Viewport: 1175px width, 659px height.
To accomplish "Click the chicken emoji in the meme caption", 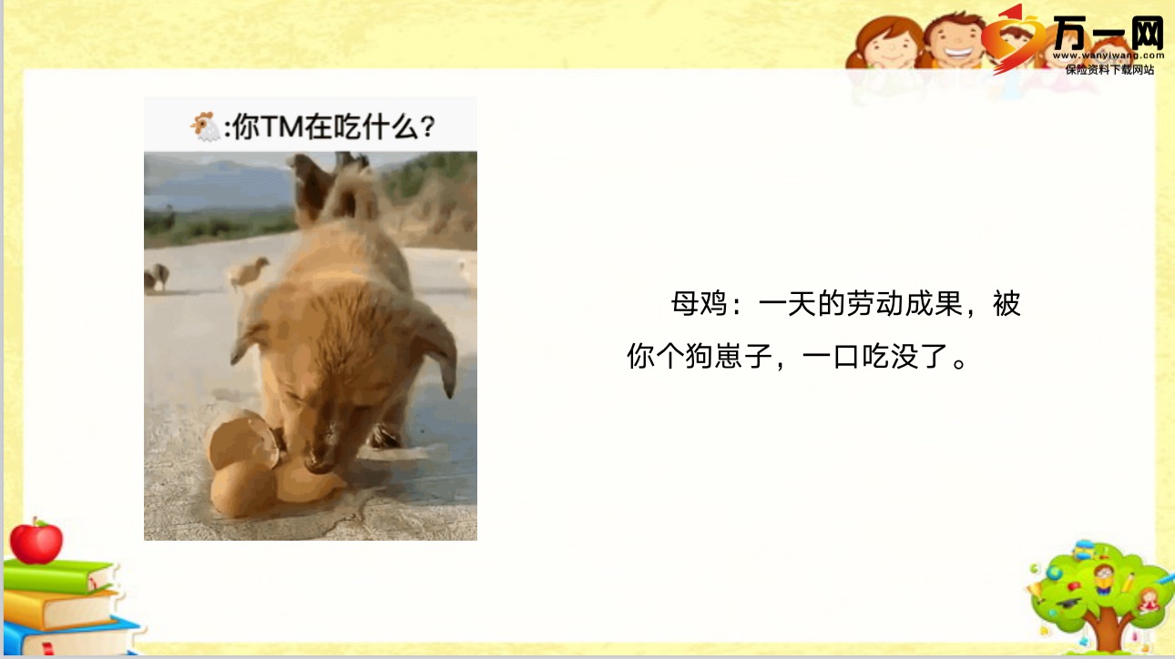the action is (x=205, y=127).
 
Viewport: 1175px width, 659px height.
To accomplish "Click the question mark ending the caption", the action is (x=428, y=127).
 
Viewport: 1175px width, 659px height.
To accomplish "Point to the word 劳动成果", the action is (x=905, y=303).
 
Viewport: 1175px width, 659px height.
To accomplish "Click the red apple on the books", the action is (x=36, y=542).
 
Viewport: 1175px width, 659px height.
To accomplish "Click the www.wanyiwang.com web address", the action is (x=1109, y=56).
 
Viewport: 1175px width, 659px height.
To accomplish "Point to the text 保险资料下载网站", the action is (x=1109, y=70).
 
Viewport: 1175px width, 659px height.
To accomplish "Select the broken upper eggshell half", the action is (x=242, y=441).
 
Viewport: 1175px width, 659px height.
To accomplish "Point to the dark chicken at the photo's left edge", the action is (x=157, y=278).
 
